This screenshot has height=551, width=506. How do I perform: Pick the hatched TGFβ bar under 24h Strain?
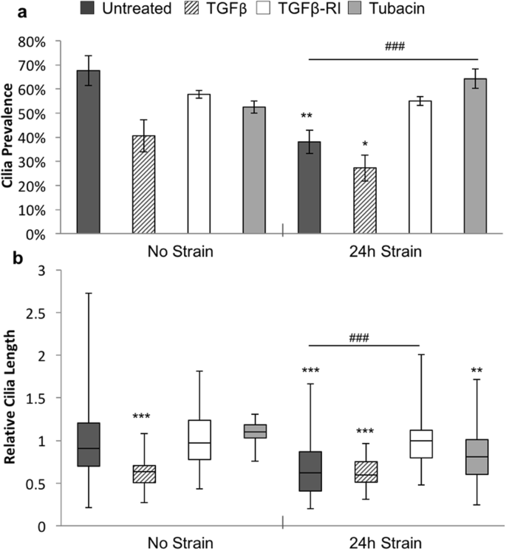tap(365, 200)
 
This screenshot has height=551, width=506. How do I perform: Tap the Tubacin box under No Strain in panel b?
tap(254, 431)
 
